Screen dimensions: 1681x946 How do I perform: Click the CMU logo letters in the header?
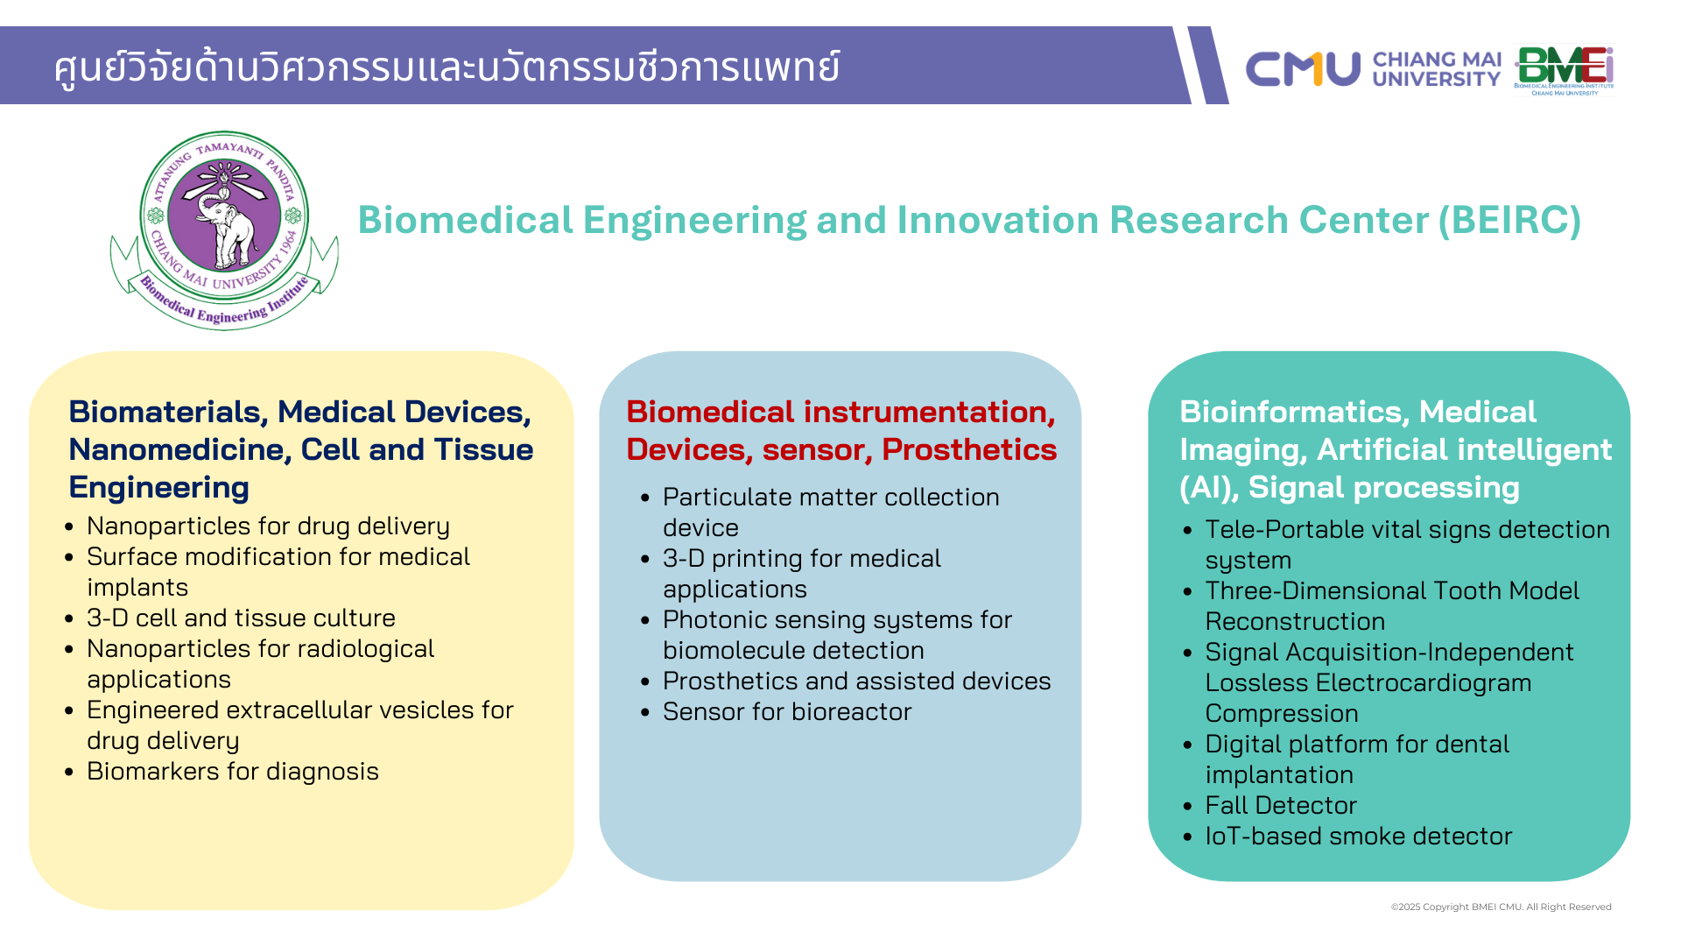1303,69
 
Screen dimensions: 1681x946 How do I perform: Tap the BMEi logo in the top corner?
1565,70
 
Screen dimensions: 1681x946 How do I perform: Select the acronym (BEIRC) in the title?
1510,220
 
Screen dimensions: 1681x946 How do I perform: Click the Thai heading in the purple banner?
447,67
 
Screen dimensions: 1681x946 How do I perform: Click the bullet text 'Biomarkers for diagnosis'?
233,771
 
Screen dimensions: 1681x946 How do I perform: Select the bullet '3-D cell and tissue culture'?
241,618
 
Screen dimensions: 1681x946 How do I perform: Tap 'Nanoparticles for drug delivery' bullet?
268,526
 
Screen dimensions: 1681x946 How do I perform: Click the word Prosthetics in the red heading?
969,449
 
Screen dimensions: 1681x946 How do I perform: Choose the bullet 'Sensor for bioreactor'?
787,711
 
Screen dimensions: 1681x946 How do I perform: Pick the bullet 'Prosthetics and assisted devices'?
857,681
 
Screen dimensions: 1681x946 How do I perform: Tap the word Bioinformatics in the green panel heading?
1294,412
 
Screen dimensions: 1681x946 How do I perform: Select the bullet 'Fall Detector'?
1281,805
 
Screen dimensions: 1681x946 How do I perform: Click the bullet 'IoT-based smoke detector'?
1359,836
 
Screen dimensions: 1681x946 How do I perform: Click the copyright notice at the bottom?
1502,907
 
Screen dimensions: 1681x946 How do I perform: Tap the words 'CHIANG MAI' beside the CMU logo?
1437,60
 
